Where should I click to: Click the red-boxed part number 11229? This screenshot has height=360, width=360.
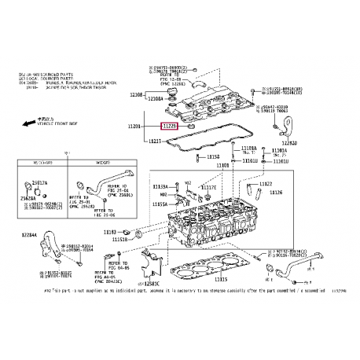coord(169,125)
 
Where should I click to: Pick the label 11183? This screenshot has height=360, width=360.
coord(110,232)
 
